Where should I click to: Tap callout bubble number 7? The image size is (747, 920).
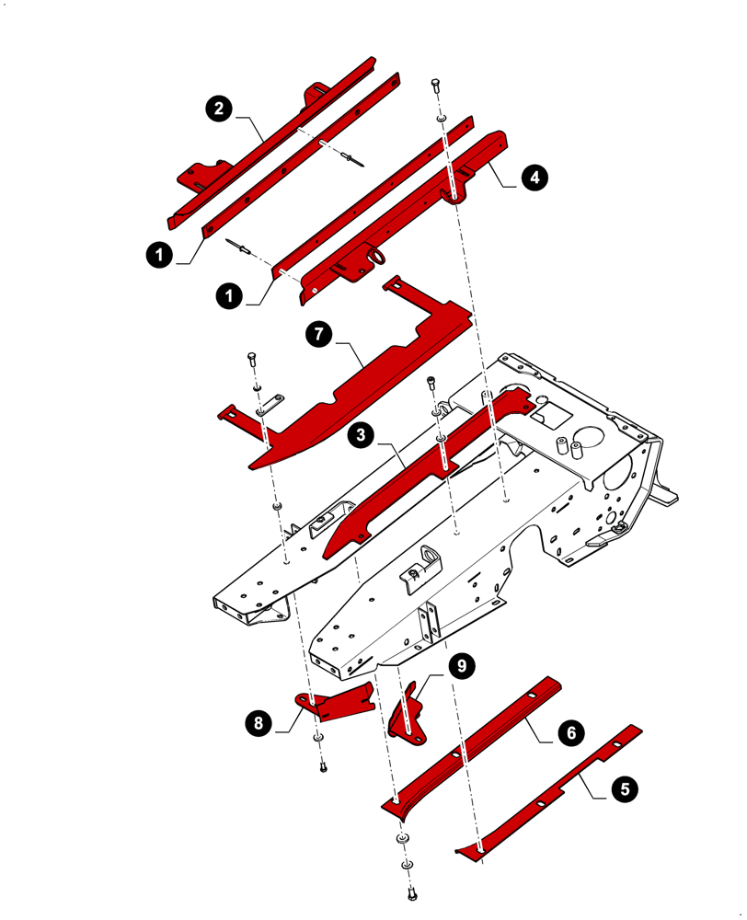click(x=318, y=334)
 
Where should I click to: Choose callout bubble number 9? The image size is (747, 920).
click(x=461, y=665)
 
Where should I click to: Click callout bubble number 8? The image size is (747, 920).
click(x=259, y=723)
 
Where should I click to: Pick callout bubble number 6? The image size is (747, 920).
click(x=569, y=733)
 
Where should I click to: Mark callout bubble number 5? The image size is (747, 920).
click(x=625, y=788)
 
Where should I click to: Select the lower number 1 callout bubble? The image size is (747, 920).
click(x=229, y=295)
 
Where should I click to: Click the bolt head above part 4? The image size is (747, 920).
click(x=435, y=86)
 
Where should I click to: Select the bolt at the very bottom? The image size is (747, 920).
click(x=409, y=891)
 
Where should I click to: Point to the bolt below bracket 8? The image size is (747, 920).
click(x=323, y=765)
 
